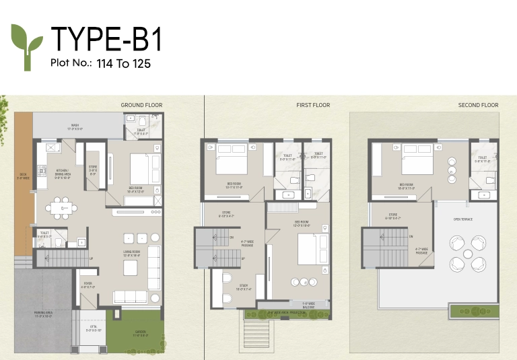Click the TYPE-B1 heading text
(106, 40)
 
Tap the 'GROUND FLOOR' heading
(141, 106)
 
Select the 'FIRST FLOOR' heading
(313, 106)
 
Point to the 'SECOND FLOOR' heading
(478, 106)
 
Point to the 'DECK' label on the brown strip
(22, 178)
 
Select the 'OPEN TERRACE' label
(464, 219)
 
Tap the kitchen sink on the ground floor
(49, 147)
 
